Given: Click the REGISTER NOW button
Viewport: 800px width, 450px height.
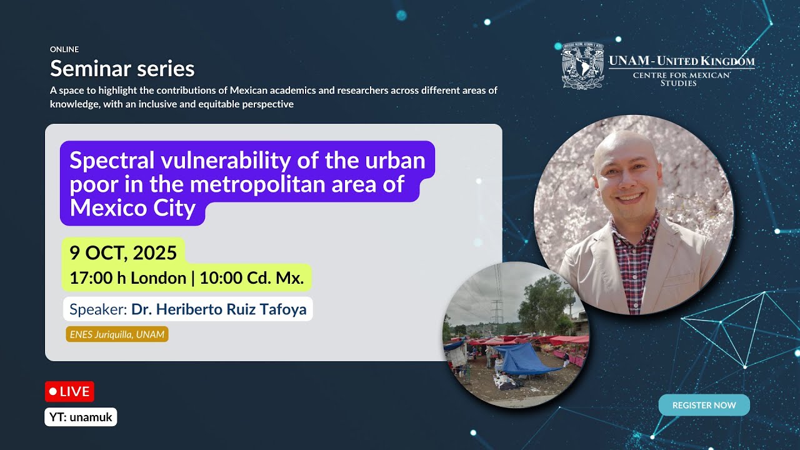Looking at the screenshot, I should [x=704, y=405].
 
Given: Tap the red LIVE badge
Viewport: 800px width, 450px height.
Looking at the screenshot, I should [x=69, y=392].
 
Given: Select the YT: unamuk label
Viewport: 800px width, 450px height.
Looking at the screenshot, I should [x=81, y=417].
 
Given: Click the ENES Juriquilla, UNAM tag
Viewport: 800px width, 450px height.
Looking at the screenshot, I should [x=117, y=334].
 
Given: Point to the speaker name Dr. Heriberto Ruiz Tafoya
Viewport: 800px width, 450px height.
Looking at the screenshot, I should [x=218, y=309].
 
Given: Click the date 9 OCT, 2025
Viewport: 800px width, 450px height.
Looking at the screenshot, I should [x=123, y=252].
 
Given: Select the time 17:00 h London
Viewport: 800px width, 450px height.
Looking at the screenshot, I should [x=127, y=278].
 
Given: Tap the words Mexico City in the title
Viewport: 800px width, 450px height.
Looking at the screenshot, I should [x=132, y=208].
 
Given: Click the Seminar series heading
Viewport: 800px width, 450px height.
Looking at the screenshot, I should [x=122, y=68].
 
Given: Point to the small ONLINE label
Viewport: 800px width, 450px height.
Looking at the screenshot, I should [x=64, y=49].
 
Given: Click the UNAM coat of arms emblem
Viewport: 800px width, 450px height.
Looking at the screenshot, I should [x=581, y=66].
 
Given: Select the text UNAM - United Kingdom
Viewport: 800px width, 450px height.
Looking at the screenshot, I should [x=681, y=61].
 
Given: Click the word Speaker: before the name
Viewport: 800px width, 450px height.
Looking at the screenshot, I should [x=98, y=309].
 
